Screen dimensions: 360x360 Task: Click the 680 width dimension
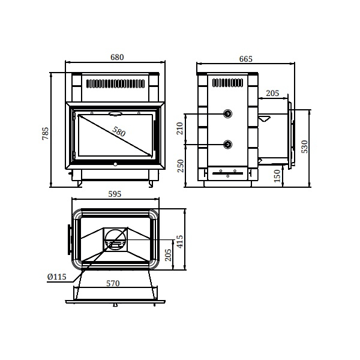(x=116, y=58)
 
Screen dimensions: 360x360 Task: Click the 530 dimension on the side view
(x=304, y=146)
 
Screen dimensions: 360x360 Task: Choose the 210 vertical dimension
(x=180, y=128)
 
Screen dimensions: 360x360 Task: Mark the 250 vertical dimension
(x=180, y=165)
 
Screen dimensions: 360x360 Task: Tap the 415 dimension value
(x=179, y=241)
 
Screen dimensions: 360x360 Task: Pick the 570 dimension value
(x=113, y=283)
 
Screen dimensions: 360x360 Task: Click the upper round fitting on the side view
(x=228, y=114)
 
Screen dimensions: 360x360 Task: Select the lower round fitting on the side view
(x=228, y=144)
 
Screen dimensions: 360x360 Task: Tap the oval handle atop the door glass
(x=115, y=112)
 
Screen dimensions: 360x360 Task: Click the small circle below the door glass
(x=115, y=162)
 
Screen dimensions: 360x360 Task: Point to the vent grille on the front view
(x=115, y=83)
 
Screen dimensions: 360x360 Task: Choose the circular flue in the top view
(x=115, y=239)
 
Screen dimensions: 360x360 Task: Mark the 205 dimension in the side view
(x=272, y=93)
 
